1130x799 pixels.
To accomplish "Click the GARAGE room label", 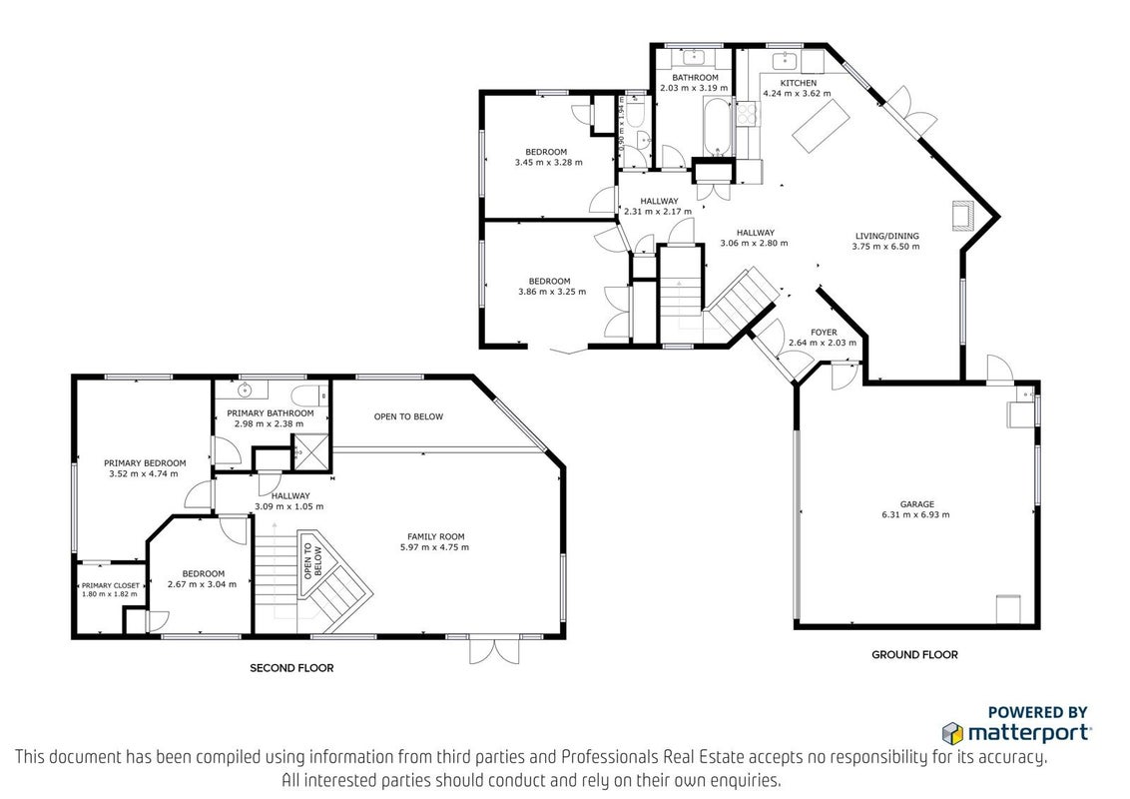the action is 916,504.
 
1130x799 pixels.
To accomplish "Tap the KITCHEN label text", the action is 799,83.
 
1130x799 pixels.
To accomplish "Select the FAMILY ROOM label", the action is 436,536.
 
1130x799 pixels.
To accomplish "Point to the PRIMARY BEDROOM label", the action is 145,463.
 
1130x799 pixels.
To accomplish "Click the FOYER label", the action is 824,333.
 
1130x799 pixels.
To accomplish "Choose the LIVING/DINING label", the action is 887,236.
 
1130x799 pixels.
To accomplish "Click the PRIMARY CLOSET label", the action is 111,585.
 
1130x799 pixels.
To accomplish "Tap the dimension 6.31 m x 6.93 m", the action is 916,515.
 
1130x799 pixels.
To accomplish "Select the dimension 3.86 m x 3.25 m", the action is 552,292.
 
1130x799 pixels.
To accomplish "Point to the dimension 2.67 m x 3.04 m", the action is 202,584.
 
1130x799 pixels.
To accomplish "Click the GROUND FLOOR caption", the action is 914,655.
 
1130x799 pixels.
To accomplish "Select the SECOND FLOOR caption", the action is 291,668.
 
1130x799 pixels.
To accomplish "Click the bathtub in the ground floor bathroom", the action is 718,128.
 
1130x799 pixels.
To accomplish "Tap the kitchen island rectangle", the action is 819,126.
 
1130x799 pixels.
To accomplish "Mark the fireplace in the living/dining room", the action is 962,216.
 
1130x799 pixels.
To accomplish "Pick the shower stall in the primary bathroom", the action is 311,451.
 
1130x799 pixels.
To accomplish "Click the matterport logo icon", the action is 952,733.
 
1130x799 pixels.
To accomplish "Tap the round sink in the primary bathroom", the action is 245,391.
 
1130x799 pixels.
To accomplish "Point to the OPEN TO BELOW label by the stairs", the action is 312,561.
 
